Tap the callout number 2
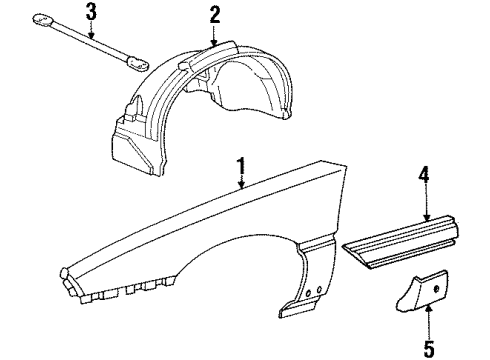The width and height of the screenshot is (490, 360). (214, 15)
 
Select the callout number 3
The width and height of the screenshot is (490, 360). (91, 12)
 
